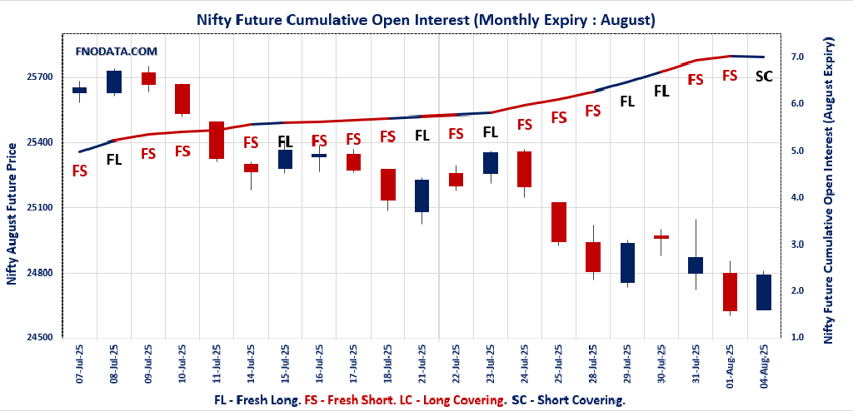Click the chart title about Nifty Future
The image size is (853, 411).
click(426, 18)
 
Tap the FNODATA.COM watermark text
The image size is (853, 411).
click(116, 52)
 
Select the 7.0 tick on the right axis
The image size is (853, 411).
click(796, 57)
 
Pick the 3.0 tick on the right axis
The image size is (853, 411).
click(796, 245)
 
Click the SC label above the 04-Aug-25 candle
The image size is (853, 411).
click(763, 77)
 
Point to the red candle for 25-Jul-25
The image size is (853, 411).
click(559, 222)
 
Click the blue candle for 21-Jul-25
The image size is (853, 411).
click(422, 196)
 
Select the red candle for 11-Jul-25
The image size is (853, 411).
click(217, 140)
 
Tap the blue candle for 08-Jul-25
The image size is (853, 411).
click(114, 82)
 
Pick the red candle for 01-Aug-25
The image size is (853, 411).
click(730, 291)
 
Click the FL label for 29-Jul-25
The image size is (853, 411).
click(627, 101)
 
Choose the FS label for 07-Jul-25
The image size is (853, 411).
click(80, 171)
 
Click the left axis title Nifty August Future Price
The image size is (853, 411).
click(12, 214)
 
